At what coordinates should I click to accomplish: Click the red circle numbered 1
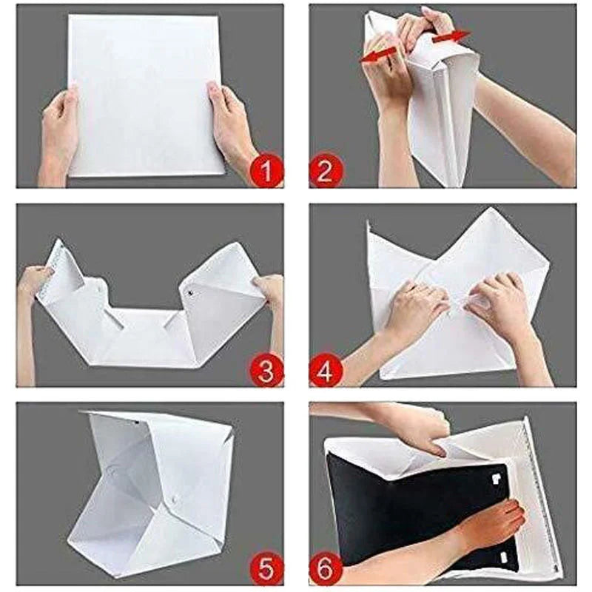(x=266, y=171)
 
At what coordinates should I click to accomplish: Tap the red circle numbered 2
(x=326, y=171)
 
